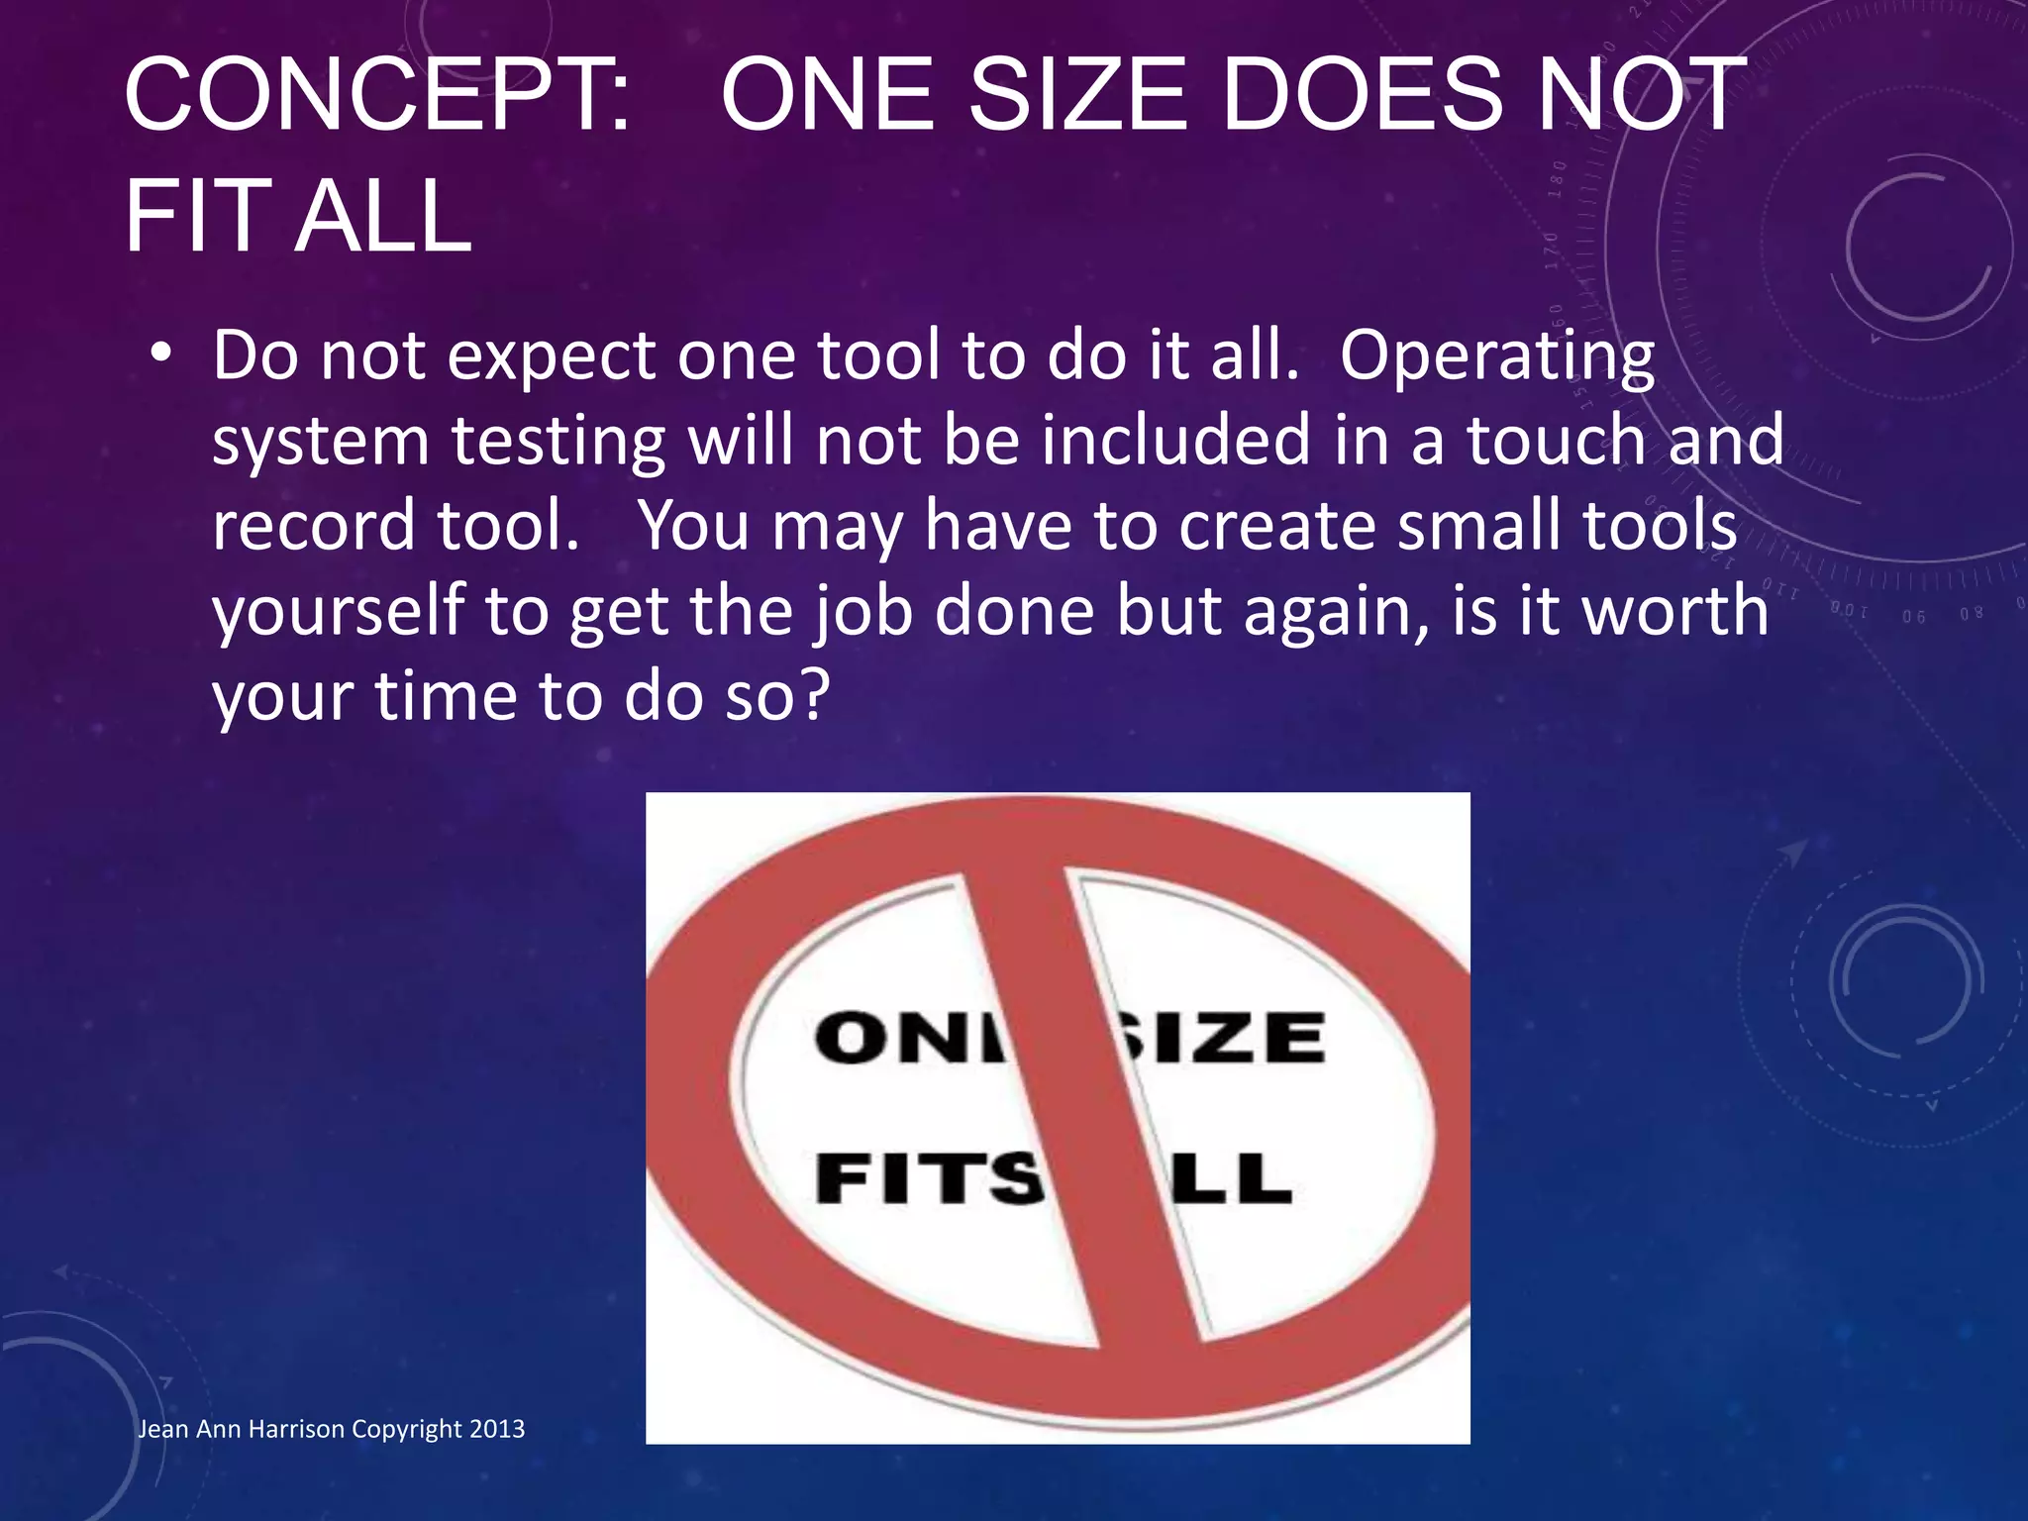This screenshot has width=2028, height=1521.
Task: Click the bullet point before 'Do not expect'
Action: pos(162,354)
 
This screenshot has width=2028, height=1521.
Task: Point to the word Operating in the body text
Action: pos(1496,357)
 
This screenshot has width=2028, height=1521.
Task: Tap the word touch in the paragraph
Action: pos(1556,441)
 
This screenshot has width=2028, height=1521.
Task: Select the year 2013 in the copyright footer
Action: pos(497,1429)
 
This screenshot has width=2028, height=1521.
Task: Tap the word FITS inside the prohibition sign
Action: pos(929,1179)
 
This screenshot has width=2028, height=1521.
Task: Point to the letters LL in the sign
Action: pos(1233,1179)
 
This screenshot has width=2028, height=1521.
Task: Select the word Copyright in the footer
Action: pos(407,1429)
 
